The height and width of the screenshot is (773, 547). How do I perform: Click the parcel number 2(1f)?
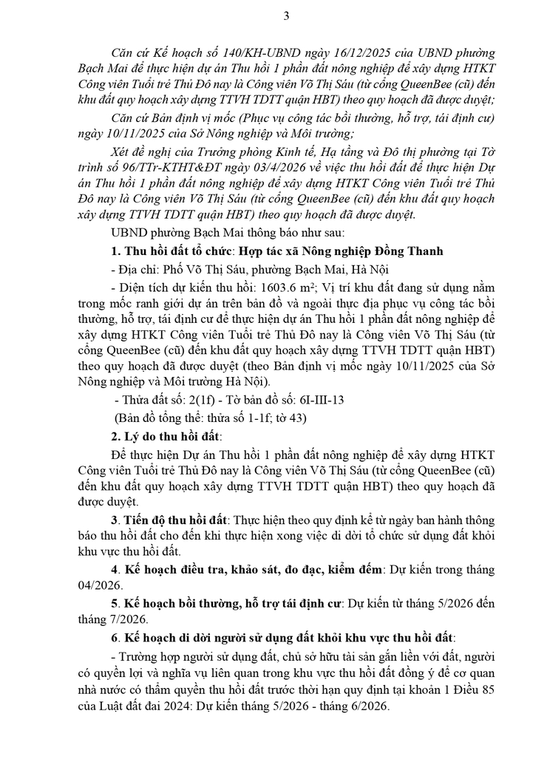(x=194, y=400)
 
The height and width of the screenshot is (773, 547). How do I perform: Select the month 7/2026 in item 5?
(x=127, y=619)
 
